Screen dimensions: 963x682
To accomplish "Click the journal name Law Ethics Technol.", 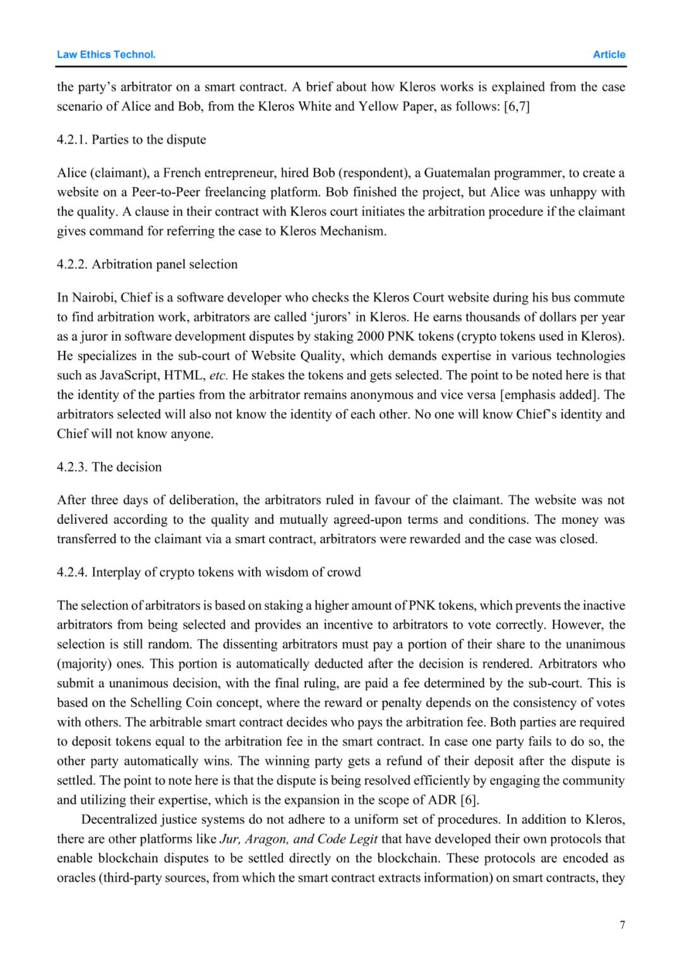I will [106, 55].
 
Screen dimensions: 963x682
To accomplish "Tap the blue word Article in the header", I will [609, 55].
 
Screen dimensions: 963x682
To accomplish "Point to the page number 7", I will [622, 925].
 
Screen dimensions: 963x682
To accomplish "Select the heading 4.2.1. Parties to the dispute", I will [131, 139].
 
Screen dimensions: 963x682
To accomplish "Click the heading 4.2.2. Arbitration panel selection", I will [147, 264].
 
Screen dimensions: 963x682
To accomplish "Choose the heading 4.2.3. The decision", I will [109, 467].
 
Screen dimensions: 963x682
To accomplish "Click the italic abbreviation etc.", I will [218, 375].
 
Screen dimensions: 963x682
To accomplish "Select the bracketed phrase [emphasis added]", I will [548, 395].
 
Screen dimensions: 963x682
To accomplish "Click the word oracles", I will [76, 878].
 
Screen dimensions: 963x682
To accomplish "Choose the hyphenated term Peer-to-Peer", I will [166, 192].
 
